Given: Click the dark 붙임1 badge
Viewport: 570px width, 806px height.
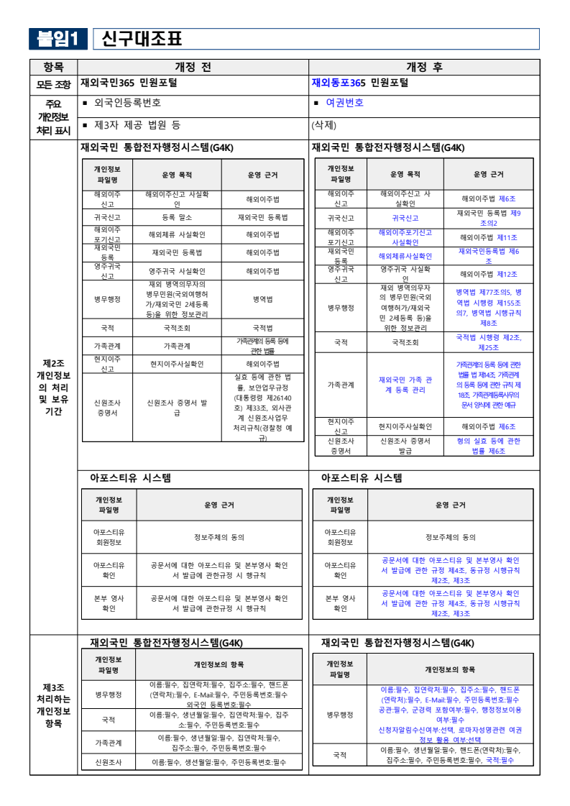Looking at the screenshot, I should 58,39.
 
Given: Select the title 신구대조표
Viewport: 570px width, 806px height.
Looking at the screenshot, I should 142,39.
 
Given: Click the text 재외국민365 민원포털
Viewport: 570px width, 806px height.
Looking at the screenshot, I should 129,83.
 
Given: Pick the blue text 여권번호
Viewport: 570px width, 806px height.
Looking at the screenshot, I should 345,103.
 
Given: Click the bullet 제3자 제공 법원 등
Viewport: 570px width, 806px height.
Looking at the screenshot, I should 137,125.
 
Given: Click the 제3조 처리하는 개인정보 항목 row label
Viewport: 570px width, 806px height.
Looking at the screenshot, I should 53,705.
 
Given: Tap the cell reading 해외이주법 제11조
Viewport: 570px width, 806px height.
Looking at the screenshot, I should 488,237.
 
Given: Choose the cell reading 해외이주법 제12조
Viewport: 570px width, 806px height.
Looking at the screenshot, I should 488,275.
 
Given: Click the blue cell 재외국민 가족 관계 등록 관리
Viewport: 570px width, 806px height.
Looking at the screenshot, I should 405,385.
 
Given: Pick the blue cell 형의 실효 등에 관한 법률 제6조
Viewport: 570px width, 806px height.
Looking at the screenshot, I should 488,446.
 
